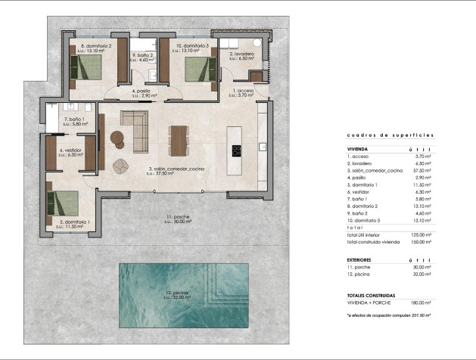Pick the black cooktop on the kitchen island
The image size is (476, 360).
[235, 149]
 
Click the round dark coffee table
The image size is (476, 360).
[117, 137]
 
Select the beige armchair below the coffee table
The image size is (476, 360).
[120, 166]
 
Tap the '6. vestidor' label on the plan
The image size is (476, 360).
[71, 151]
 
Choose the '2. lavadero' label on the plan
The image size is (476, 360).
[241, 54]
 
